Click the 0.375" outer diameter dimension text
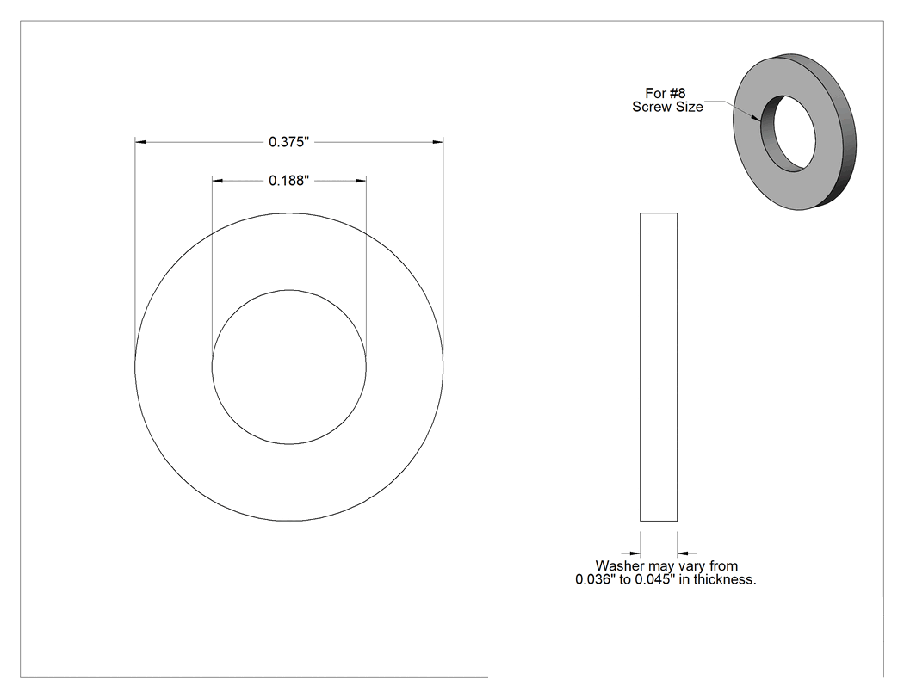(288, 142)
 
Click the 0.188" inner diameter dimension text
(288, 181)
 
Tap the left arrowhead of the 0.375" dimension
(140, 142)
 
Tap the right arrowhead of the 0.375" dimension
(437, 142)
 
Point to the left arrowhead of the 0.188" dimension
(217, 181)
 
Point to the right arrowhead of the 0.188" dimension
(361, 181)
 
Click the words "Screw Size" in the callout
(667, 107)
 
